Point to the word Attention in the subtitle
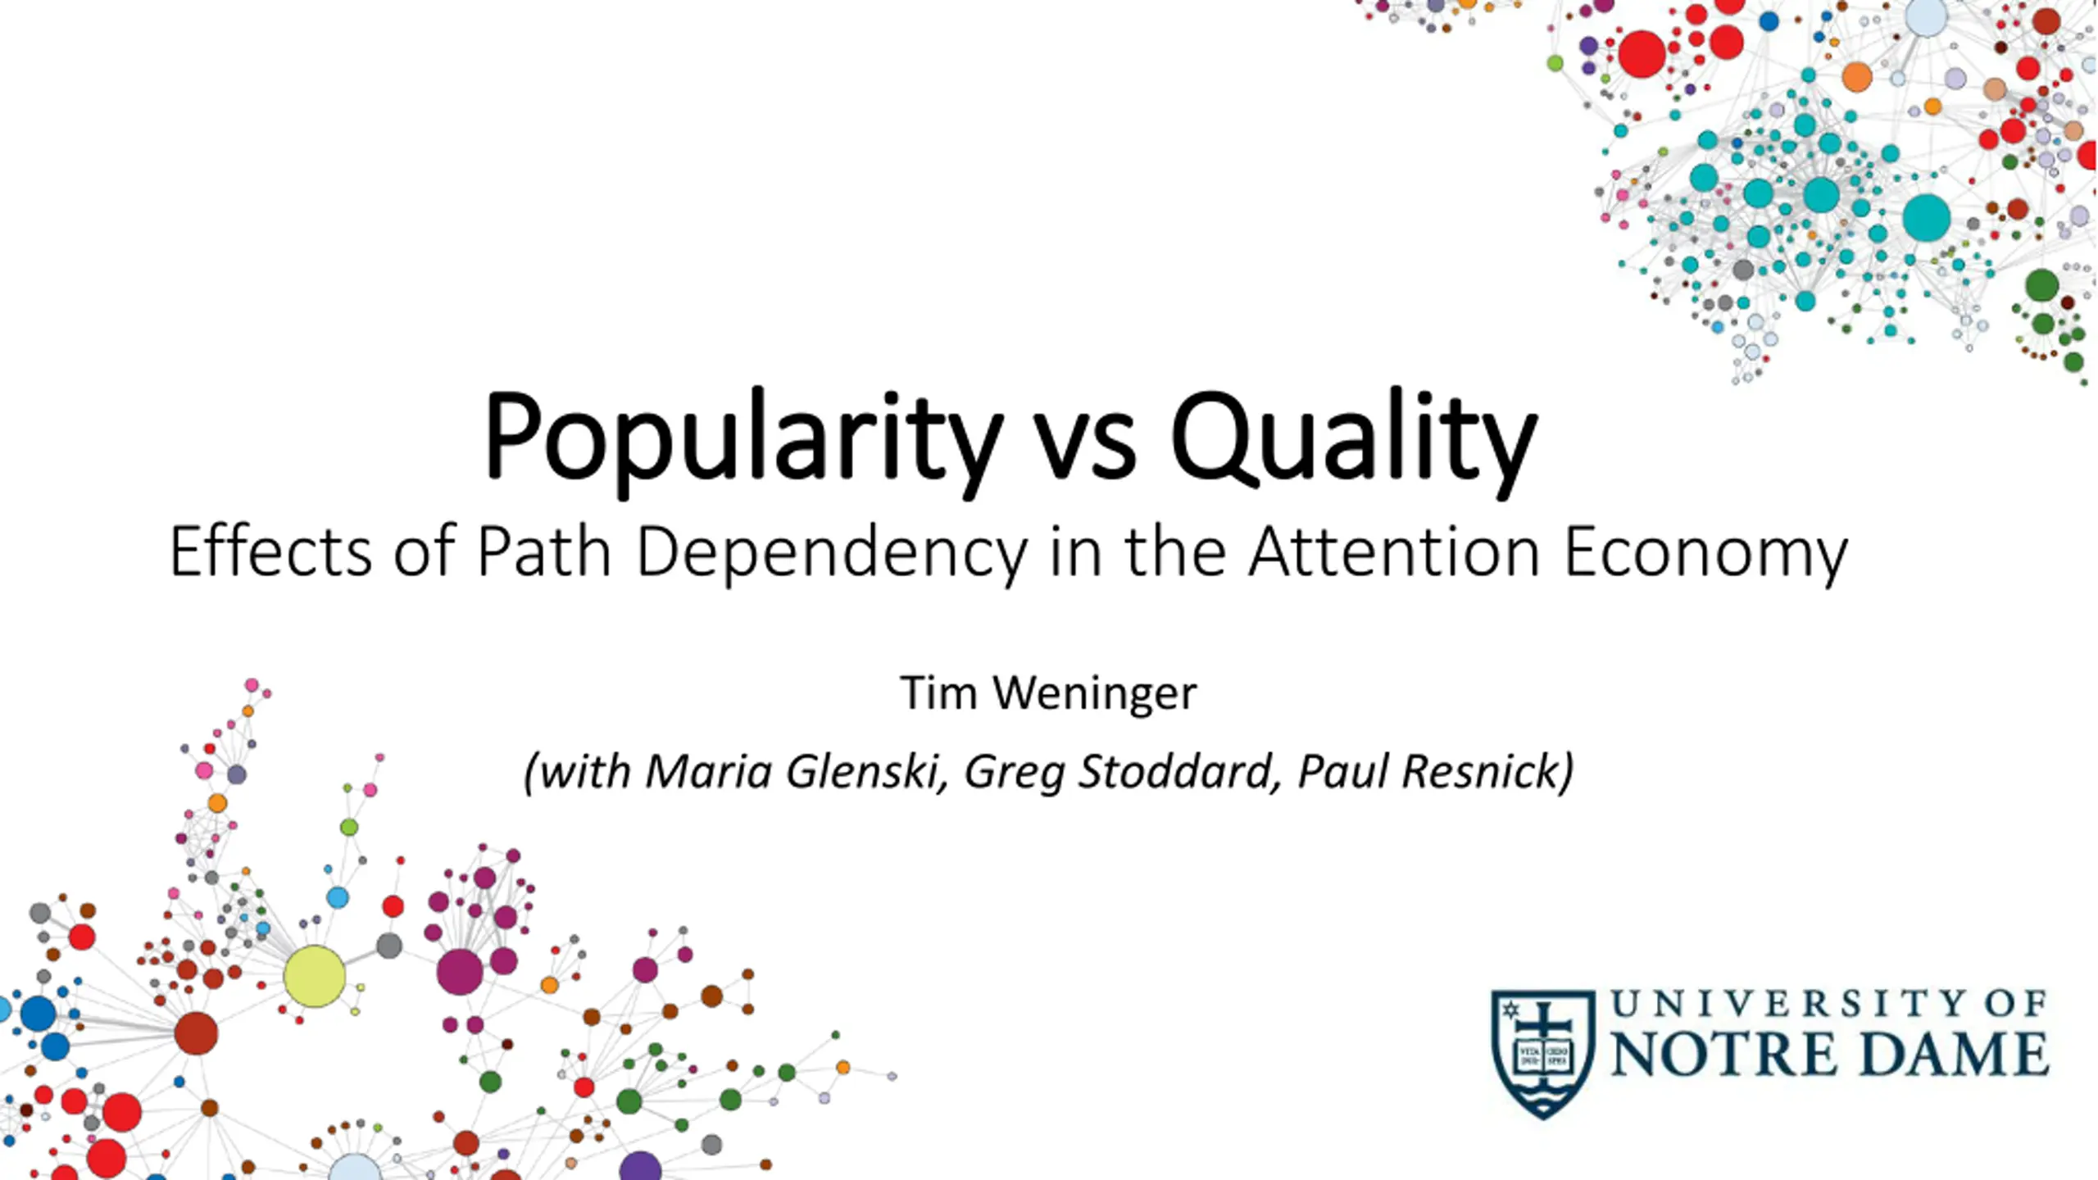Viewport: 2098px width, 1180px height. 1394,551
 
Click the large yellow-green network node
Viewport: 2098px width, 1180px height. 314,976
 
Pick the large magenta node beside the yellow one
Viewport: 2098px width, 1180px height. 460,972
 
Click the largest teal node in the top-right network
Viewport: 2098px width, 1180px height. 1926,218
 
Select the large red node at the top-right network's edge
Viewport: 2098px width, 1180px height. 1642,54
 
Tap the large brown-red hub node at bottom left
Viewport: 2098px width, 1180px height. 196,1033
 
